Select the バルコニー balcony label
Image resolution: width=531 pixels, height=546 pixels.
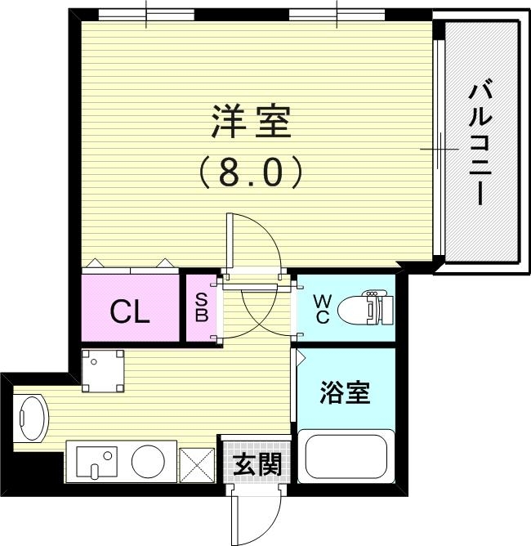[x=478, y=143]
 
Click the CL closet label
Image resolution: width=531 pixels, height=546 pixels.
[x=130, y=311]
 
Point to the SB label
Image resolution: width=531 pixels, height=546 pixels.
[x=200, y=309]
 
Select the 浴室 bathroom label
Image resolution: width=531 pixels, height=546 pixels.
[x=344, y=393]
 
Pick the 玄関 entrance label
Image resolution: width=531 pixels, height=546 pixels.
[x=257, y=464]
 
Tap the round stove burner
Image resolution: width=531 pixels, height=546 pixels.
[x=149, y=462]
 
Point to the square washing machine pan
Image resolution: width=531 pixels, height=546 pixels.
[x=103, y=370]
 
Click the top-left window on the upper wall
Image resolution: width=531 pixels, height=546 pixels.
[x=146, y=14]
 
